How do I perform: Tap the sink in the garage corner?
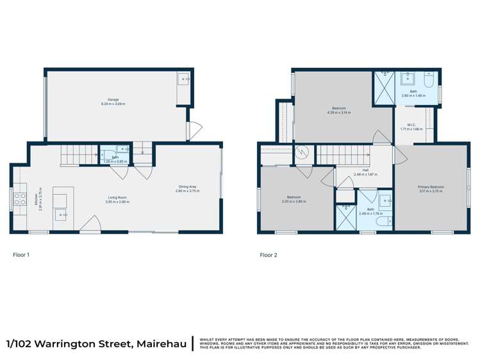pyautogui.click(x=184, y=79)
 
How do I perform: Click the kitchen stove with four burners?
pyautogui.click(x=19, y=199)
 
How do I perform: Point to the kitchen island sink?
pyautogui.click(x=62, y=214)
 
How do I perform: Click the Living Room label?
pyautogui.click(x=117, y=198)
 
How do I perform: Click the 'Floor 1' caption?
pyautogui.click(x=21, y=255)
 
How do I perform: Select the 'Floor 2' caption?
pyautogui.click(x=269, y=255)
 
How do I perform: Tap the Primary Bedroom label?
pyautogui.click(x=431, y=187)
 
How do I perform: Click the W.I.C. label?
pyautogui.click(x=412, y=125)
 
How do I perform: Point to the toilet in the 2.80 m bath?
pyautogui.click(x=430, y=79)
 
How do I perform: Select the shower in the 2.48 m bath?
pyautogui.click(x=346, y=217)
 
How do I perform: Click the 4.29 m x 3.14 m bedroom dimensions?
pyautogui.click(x=339, y=112)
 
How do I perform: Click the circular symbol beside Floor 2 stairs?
pyautogui.click(x=301, y=153)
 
